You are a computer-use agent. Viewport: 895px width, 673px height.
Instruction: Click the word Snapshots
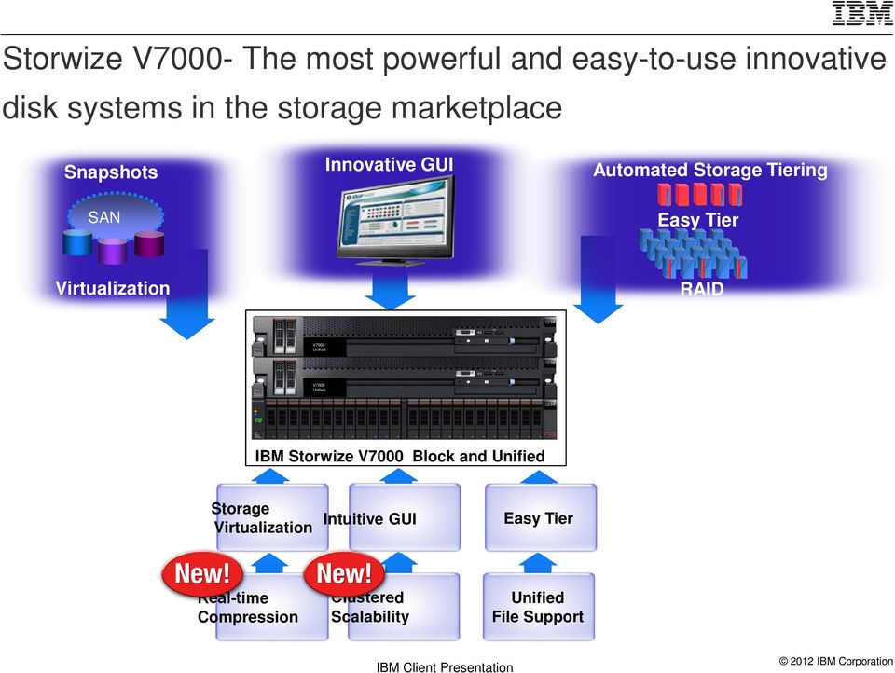point(111,172)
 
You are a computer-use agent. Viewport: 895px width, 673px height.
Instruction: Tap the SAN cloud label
point(104,217)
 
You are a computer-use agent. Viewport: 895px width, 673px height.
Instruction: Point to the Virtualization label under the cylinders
point(113,288)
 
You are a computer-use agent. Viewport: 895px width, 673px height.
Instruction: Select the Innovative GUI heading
point(389,165)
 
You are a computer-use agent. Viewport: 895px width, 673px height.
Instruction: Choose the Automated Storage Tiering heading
point(710,170)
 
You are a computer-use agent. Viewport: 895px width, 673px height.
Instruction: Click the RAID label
point(701,289)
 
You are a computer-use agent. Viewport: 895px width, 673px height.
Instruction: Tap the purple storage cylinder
point(113,250)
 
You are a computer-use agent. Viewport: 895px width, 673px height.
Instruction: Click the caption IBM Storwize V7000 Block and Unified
point(400,457)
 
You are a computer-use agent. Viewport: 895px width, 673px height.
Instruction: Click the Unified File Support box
point(538,607)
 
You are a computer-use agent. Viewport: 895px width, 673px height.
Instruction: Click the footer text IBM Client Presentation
point(445,666)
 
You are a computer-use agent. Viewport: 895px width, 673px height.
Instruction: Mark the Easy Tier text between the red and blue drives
point(697,220)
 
